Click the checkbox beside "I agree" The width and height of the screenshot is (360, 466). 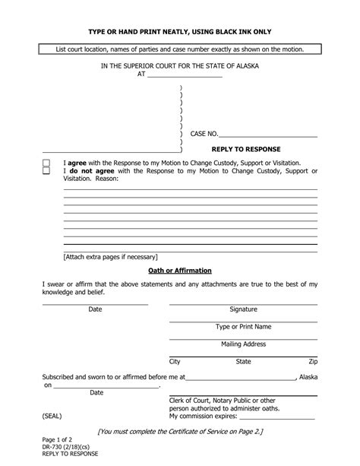point(46,163)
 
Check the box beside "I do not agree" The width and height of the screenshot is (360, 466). point(46,172)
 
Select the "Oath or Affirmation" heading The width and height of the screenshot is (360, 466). point(179,271)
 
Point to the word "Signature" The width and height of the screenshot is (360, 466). point(243,309)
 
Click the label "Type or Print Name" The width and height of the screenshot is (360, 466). point(243,327)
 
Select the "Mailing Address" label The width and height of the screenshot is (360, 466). point(243,344)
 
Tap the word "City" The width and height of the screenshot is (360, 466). point(175,362)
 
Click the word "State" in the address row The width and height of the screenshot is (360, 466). point(243,362)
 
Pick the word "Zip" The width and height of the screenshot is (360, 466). point(313,362)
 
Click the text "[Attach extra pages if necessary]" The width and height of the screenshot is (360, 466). point(110,256)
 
